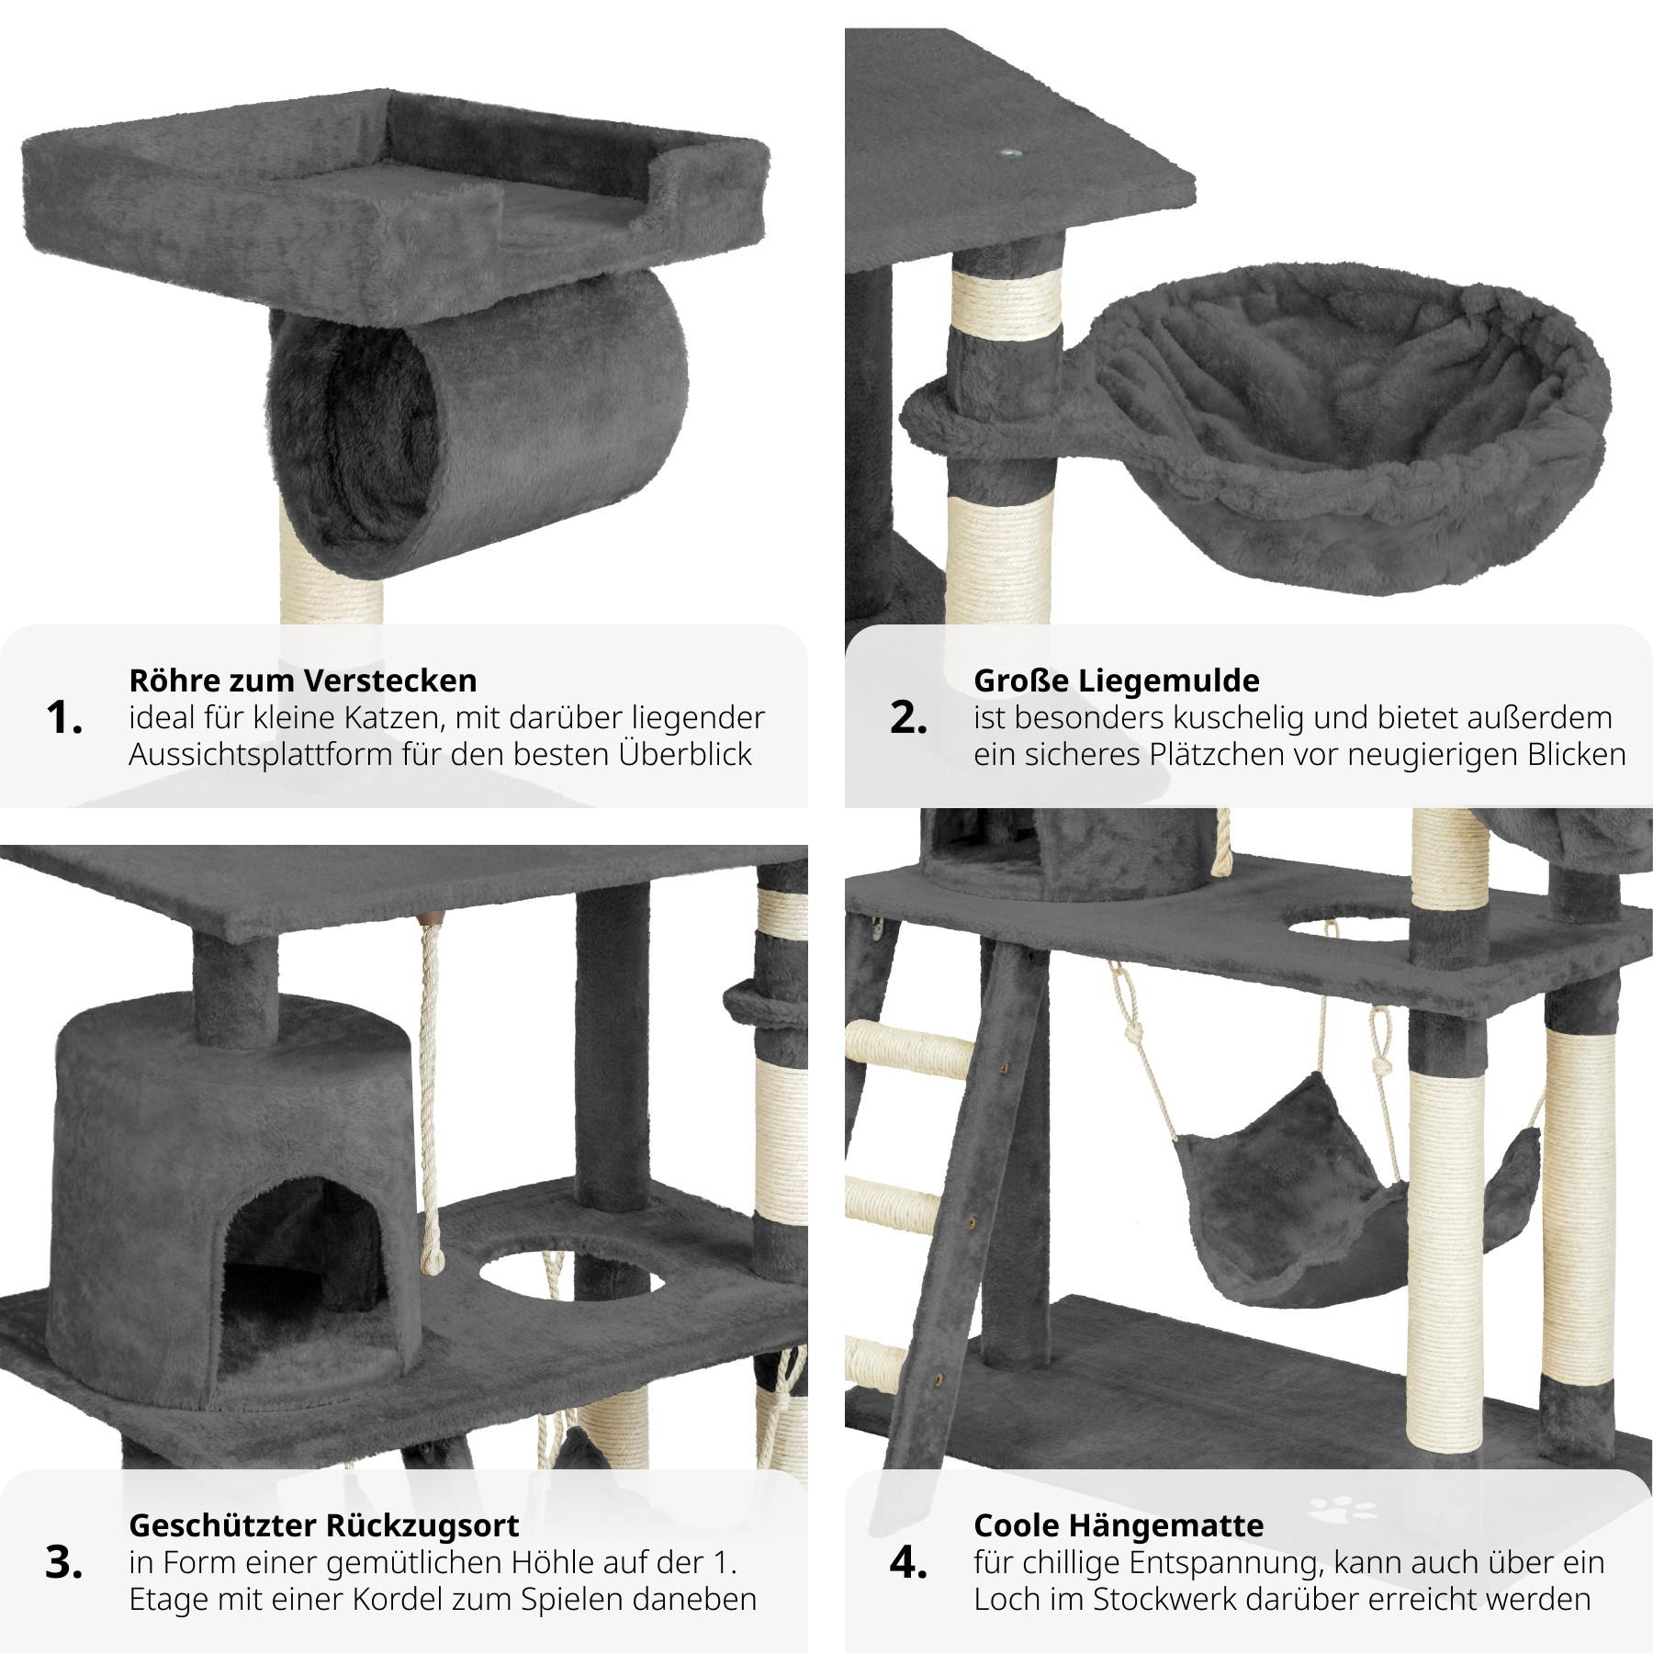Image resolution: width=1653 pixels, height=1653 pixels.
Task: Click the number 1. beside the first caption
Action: coord(63,718)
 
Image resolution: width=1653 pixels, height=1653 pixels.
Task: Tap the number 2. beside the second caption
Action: coord(908,718)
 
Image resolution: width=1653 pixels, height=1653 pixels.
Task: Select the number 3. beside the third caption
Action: coord(63,1563)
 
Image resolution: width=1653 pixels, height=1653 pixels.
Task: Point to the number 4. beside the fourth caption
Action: coord(908,1563)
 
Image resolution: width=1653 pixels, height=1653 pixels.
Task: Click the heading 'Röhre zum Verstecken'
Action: coord(303,680)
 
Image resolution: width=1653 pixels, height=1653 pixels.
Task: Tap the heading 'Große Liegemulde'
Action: coord(1117,681)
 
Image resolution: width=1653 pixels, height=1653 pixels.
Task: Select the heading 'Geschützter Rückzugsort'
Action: coord(324,1526)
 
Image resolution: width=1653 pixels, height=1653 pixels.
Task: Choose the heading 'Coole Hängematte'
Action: coord(1119,1525)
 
